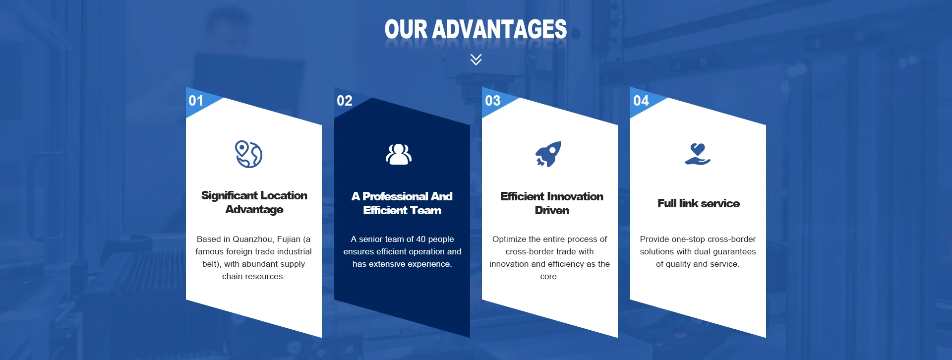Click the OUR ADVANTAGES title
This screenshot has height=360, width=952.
coord(476,29)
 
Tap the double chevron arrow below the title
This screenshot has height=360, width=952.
coord(476,60)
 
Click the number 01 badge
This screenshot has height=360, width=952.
coord(196,101)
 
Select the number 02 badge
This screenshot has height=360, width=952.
coord(345,101)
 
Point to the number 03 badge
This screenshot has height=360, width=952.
coord(493,101)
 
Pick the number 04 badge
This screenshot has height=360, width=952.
coord(641,101)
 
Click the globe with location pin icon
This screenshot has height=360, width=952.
coord(248,154)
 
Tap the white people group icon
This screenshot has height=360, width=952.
coord(399,154)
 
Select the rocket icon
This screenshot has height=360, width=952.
coord(548,154)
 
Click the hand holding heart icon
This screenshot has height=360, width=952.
coord(698,154)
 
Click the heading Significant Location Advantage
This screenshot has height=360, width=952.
coord(254,202)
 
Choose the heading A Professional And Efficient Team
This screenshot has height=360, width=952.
coord(402,203)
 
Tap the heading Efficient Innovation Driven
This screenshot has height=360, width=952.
coord(552,203)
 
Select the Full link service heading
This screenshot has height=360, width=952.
coord(699,203)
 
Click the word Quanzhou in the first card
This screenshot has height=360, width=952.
coord(252,239)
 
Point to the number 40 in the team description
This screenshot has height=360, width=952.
coord(421,239)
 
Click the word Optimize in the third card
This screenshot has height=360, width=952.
coord(510,240)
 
